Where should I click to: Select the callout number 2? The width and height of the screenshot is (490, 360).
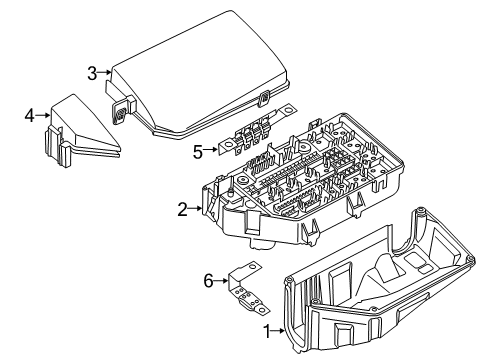click(183, 209)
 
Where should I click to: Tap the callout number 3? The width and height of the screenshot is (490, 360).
click(91, 72)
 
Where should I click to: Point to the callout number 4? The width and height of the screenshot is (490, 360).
click(29, 116)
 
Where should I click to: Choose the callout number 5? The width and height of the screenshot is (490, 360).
click(197, 152)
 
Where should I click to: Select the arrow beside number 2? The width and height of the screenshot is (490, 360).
click(196, 209)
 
